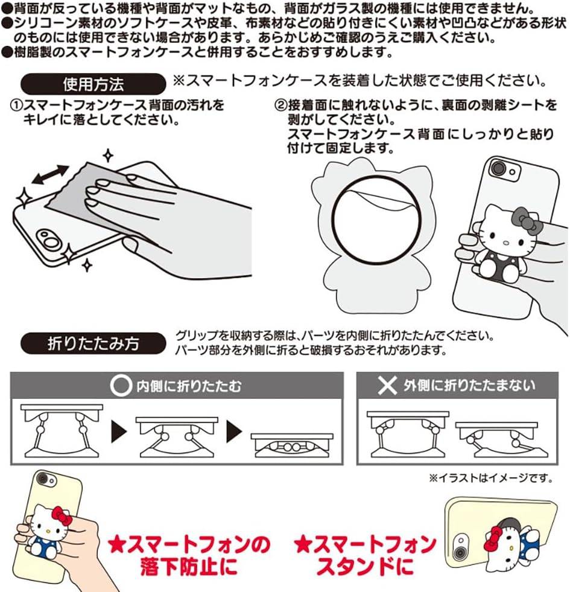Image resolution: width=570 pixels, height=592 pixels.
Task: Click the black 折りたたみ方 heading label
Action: (x=93, y=343)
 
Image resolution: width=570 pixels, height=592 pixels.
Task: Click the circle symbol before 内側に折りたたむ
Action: (x=120, y=386)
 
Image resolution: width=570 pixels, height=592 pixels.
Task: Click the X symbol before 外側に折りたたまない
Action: (x=387, y=386)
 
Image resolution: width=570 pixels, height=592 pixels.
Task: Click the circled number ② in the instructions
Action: (x=279, y=106)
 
